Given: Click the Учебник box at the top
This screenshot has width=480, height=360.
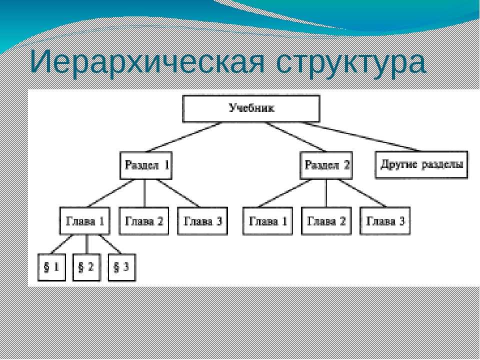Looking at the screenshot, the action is tap(251, 108).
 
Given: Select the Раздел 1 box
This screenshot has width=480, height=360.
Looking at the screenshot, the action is tap(146, 165).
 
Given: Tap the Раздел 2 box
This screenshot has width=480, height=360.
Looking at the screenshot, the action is tap(326, 165).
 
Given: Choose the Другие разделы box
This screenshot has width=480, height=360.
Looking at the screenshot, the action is tap(421, 164).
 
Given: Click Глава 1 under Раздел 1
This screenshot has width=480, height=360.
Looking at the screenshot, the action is tap(85, 221).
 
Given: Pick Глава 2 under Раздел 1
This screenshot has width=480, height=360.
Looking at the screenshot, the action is tap(144, 221).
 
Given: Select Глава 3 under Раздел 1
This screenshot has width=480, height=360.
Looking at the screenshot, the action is tap(202, 221).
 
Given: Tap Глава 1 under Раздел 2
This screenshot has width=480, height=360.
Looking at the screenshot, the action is tap(268, 221).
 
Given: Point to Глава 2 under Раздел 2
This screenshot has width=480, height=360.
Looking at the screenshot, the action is tap(326, 221).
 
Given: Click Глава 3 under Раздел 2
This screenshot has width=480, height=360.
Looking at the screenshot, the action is tap(385, 221).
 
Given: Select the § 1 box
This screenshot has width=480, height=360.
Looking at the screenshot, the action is tap(51, 267).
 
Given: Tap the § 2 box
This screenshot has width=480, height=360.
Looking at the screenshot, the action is tap(86, 267).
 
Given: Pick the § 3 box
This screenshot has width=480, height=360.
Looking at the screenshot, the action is tap(122, 267).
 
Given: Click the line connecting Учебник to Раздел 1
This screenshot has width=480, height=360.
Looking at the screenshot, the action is tap(183, 137).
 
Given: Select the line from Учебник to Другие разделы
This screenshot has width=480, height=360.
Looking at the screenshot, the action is tap(359, 136).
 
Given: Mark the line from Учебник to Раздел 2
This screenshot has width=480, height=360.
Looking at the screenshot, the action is tap(295, 137).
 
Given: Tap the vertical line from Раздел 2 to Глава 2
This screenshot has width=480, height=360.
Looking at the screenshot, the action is tap(326, 193).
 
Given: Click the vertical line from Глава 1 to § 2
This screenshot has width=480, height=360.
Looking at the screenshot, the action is tap(86, 244).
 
